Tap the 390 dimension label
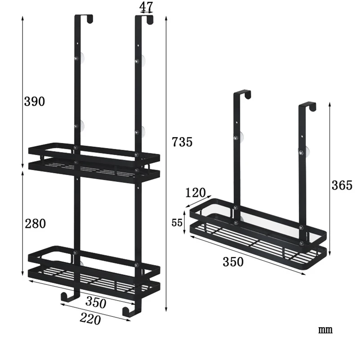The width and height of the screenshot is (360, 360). point(35,102)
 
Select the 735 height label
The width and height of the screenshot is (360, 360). point(182,142)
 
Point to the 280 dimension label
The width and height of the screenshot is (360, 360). point(35,223)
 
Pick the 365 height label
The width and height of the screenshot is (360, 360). point(342,184)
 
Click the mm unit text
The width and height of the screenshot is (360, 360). point(325,330)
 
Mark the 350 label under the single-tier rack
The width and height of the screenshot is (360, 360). point(233,262)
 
